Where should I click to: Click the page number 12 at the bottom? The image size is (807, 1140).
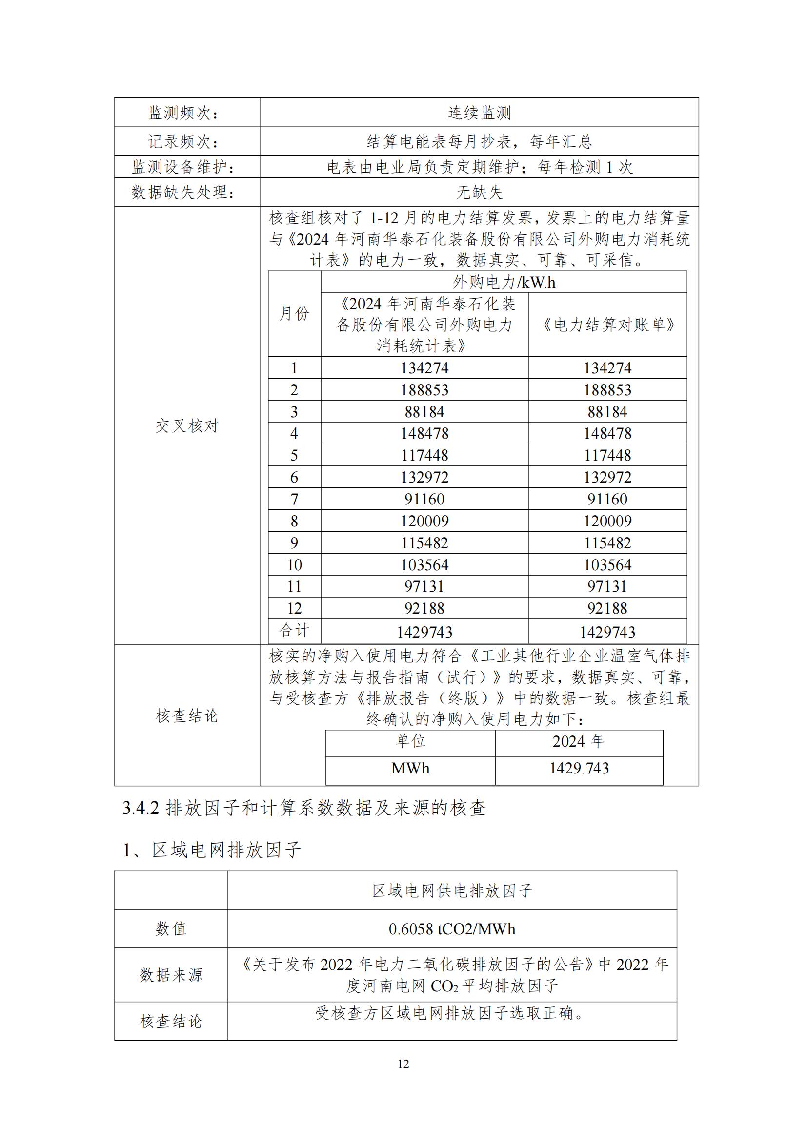[x=403, y=1063]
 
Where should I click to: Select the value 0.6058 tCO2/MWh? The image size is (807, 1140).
[x=452, y=929]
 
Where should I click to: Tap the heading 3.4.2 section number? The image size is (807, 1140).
[x=141, y=808]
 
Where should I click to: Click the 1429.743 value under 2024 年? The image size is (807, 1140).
[x=579, y=769]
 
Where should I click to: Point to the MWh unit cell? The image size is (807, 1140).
[x=410, y=769]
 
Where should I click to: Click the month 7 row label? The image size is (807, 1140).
[x=294, y=499]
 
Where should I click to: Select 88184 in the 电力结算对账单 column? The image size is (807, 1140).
[x=607, y=412]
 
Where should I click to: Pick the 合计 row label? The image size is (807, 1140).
[x=294, y=631]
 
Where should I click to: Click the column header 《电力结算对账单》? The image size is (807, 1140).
[x=607, y=325]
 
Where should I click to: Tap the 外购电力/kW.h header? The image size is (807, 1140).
[x=504, y=282]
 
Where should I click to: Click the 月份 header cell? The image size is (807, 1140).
[x=294, y=314]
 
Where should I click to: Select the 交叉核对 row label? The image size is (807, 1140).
[x=187, y=425]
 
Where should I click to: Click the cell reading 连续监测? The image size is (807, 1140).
[x=479, y=113]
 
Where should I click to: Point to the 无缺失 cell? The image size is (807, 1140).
[x=479, y=192]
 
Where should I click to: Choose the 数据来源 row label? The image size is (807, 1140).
[x=171, y=975]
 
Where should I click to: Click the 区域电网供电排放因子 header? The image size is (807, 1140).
[x=452, y=891]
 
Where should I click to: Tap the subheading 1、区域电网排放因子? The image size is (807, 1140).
[x=212, y=850]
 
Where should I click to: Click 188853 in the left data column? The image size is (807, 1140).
[x=424, y=390]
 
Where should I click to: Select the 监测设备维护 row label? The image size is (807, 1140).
[x=183, y=167]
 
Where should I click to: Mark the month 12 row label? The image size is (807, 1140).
[x=294, y=608]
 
